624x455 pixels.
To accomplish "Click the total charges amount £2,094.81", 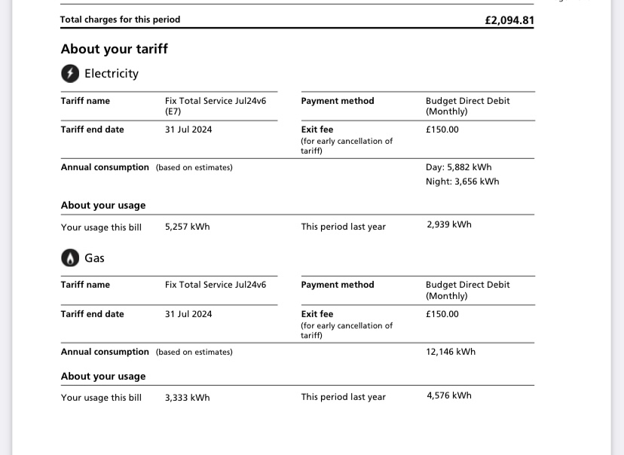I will [x=509, y=20].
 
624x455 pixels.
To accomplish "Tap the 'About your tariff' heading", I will [x=115, y=49].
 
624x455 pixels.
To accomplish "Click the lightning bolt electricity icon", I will [x=70, y=73].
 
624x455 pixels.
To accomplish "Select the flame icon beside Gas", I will [x=70, y=258].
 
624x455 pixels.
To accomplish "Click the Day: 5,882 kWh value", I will [x=458, y=167].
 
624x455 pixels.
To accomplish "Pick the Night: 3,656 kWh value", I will [x=462, y=182].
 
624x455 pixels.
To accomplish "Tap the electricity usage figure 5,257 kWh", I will [x=187, y=227].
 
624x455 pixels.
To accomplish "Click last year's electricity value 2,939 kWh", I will [x=448, y=224].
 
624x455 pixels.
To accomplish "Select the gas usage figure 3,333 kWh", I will [x=187, y=398].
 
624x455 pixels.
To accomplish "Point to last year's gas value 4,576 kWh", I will [x=448, y=395].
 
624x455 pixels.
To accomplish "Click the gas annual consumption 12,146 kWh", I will [x=451, y=352].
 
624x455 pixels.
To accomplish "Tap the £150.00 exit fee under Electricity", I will [x=442, y=130].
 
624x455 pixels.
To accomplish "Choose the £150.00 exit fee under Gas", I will [x=442, y=314].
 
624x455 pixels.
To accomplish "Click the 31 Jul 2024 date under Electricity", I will [x=188, y=130].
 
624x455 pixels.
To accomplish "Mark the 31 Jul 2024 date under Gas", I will [x=188, y=314].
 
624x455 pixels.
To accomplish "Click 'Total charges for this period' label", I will [x=120, y=20].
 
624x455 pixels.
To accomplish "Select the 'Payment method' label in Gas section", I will [x=337, y=285].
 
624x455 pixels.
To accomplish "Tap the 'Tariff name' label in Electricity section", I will [x=85, y=101].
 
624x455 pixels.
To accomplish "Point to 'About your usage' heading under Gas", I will [x=103, y=377].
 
